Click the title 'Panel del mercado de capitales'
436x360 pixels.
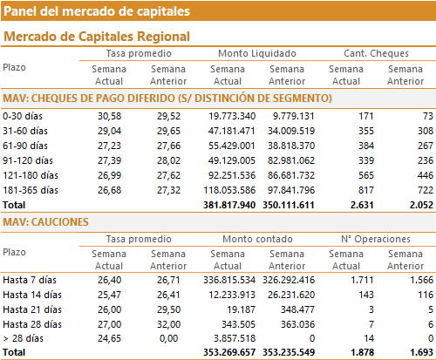[x=97, y=11]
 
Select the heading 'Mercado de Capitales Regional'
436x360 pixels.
[x=97, y=37]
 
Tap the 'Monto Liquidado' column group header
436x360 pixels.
[x=257, y=53]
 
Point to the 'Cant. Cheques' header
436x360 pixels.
[x=376, y=53]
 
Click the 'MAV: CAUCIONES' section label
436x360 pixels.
[x=45, y=222]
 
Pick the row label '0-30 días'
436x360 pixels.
[x=23, y=116]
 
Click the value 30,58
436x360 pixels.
[x=109, y=116]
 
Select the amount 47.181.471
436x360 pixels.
[x=232, y=131]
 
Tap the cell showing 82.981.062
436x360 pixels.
[x=291, y=160]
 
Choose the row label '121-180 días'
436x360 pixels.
[x=31, y=175]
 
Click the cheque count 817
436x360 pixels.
[x=366, y=190]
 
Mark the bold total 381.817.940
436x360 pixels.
[x=229, y=205]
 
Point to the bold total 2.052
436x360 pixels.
[x=421, y=205]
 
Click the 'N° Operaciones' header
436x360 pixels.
[x=376, y=239]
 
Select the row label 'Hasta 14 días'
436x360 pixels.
[x=32, y=295]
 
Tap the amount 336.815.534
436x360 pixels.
[x=229, y=280]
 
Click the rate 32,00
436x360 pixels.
[x=169, y=324]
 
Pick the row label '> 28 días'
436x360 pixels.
[x=23, y=338]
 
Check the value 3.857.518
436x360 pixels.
[x=235, y=338]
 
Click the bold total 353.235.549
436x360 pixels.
[x=289, y=352]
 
